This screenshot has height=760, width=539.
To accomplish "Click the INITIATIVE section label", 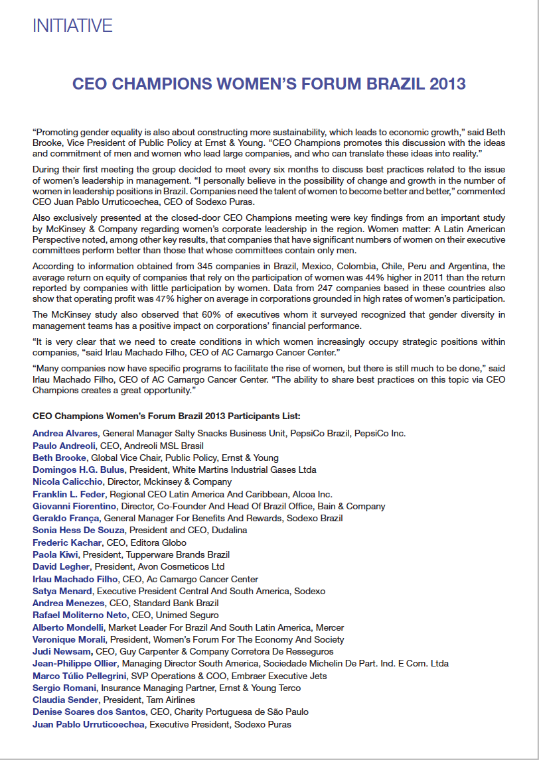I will [72, 26].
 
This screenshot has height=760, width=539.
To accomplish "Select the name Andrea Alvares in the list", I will [66, 433].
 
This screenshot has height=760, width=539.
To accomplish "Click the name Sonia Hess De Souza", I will [78, 531].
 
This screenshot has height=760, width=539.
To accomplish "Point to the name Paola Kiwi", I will [56, 554].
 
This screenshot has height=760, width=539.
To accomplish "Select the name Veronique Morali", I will [68, 639].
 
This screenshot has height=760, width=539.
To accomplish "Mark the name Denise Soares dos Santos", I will [89, 712].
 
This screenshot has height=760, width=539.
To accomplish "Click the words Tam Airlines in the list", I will [173, 700].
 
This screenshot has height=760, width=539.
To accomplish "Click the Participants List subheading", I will [167, 416].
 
